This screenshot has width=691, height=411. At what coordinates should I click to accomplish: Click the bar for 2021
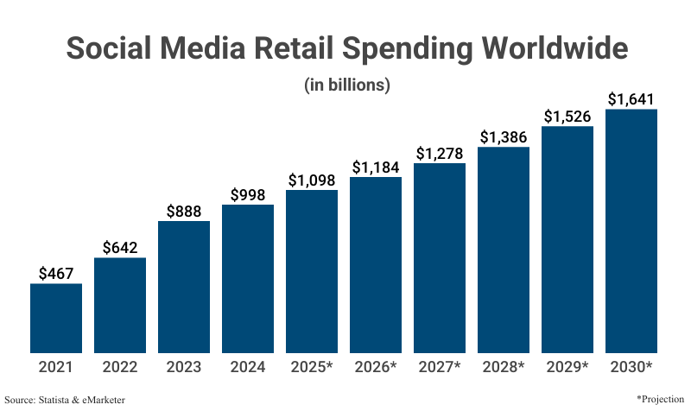pos(56,318)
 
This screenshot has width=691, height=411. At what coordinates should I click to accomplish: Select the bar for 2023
pos(184,287)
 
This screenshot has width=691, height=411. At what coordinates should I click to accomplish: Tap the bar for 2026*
pos(376,265)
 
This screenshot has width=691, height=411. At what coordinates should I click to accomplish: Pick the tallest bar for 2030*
pos(631,231)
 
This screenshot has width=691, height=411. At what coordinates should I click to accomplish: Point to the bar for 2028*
pos(504,250)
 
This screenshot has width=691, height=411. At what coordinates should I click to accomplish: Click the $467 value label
pos(56,273)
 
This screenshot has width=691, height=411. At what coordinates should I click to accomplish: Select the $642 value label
pos(120,247)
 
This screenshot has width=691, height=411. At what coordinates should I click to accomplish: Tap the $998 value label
pos(248,194)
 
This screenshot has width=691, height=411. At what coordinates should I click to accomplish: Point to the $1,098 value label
pos(312,180)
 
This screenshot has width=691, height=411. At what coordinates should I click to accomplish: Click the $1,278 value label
pos(440,153)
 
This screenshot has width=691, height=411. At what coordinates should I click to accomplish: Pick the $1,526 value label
pos(567,117)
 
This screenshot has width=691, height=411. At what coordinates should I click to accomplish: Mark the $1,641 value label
pos(631,99)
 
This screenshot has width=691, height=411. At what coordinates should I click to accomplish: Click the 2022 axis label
pos(120,367)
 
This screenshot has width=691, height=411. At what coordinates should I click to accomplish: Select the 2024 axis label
pos(248,367)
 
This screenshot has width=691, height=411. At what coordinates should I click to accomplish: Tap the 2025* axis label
pos(312,367)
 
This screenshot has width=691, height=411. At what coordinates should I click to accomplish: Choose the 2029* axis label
pos(567,367)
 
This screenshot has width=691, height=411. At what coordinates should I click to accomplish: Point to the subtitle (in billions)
pos(347,85)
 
